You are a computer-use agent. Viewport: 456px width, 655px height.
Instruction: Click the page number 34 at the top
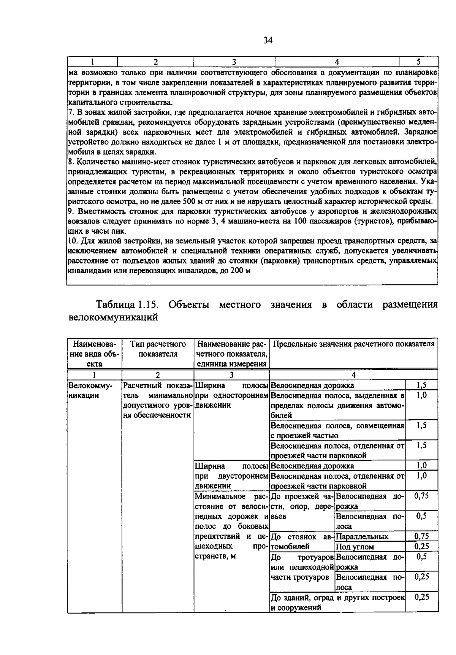[x=268, y=40]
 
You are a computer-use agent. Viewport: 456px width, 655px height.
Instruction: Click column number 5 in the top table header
[x=418, y=62]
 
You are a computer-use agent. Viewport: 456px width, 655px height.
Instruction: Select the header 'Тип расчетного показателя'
[x=158, y=349]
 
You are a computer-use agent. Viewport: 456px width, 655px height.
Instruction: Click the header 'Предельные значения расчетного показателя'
[x=353, y=344]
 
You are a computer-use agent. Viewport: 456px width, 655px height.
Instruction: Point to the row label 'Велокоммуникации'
[x=90, y=390]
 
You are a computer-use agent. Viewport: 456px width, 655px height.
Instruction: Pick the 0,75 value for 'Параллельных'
[x=421, y=536]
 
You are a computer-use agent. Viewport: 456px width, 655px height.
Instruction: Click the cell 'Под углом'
[x=355, y=547]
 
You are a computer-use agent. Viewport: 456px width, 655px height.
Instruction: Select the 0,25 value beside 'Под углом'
[x=421, y=547]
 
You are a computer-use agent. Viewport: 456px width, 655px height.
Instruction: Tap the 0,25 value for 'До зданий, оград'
[x=421, y=597]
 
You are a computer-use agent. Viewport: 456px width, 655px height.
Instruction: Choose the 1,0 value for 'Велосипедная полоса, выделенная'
[x=421, y=395]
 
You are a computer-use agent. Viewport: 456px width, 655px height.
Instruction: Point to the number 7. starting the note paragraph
[x=71, y=113]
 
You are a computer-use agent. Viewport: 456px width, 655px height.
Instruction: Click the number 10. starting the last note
[x=73, y=241]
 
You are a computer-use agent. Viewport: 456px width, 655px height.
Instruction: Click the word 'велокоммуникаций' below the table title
[x=112, y=317]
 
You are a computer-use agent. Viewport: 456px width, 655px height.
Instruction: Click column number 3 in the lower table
[x=231, y=375]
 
